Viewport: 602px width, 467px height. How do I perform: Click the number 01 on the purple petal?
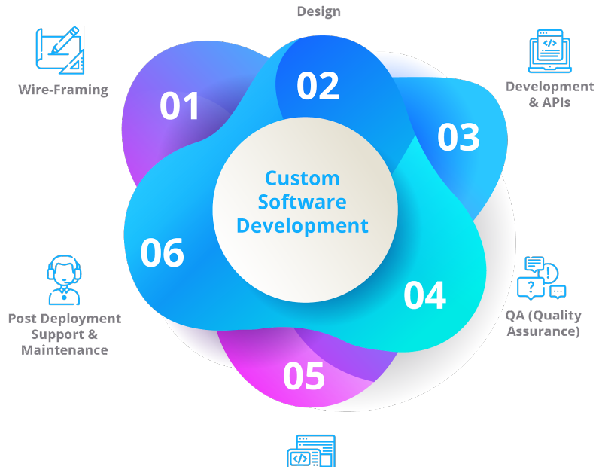click(x=179, y=105)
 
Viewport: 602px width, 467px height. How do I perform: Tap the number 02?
click(x=318, y=86)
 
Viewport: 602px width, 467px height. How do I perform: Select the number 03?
click(x=458, y=137)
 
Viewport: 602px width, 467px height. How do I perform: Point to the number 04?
click(x=424, y=295)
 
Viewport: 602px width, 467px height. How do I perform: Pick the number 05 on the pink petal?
click(x=304, y=376)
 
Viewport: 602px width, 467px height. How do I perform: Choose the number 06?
click(x=162, y=252)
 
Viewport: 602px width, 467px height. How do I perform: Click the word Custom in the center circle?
click(x=303, y=179)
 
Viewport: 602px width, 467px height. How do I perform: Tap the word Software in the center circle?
click(x=303, y=202)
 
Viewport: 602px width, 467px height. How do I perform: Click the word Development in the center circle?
click(x=303, y=226)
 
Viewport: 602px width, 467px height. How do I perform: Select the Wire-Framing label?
click(x=63, y=90)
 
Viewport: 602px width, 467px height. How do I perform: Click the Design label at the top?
click(x=318, y=11)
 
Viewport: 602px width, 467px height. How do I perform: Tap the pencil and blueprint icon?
click(x=60, y=50)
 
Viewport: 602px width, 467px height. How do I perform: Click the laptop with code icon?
click(x=550, y=51)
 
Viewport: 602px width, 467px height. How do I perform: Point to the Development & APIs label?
click(x=550, y=95)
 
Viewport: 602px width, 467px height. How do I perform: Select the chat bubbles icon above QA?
click(x=541, y=277)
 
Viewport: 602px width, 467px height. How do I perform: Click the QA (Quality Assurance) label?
click(x=543, y=323)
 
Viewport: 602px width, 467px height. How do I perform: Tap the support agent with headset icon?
click(x=64, y=279)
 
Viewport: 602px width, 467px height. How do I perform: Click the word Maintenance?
click(x=65, y=350)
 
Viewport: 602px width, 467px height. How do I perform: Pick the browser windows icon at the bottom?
click(x=311, y=451)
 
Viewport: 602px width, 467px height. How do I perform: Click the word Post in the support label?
click(x=23, y=319)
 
